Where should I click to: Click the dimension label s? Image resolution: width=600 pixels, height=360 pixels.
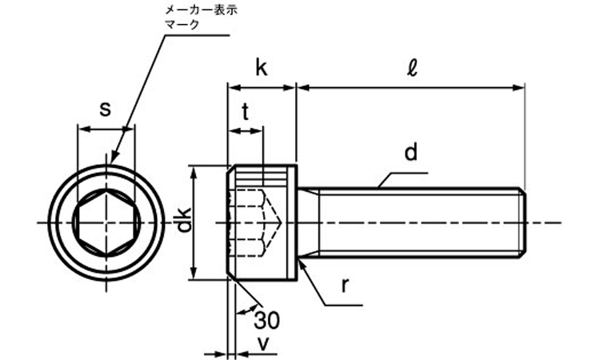pos(105,110)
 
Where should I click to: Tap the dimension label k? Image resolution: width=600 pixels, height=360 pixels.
pos(261,67)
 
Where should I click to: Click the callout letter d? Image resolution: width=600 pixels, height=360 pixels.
pos(411,152)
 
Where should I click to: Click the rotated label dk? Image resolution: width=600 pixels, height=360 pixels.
pos(183,222)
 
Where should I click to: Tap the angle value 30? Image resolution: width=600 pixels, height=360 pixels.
pos(267,322)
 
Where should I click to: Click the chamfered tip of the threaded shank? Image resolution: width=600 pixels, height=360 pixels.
pos(522,222)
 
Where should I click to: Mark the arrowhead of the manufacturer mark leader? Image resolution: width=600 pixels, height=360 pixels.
pos(114,160)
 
